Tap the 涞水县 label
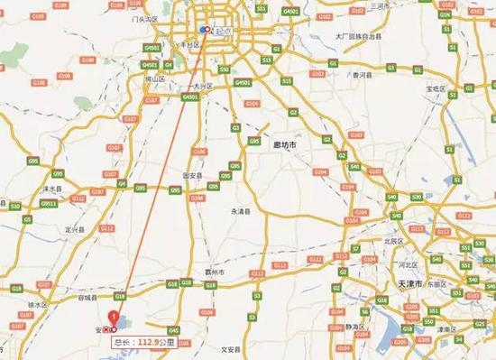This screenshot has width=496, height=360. tap(35, 189)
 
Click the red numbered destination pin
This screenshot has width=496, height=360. tap(113, 318)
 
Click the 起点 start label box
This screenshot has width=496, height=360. tap(221, 31)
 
